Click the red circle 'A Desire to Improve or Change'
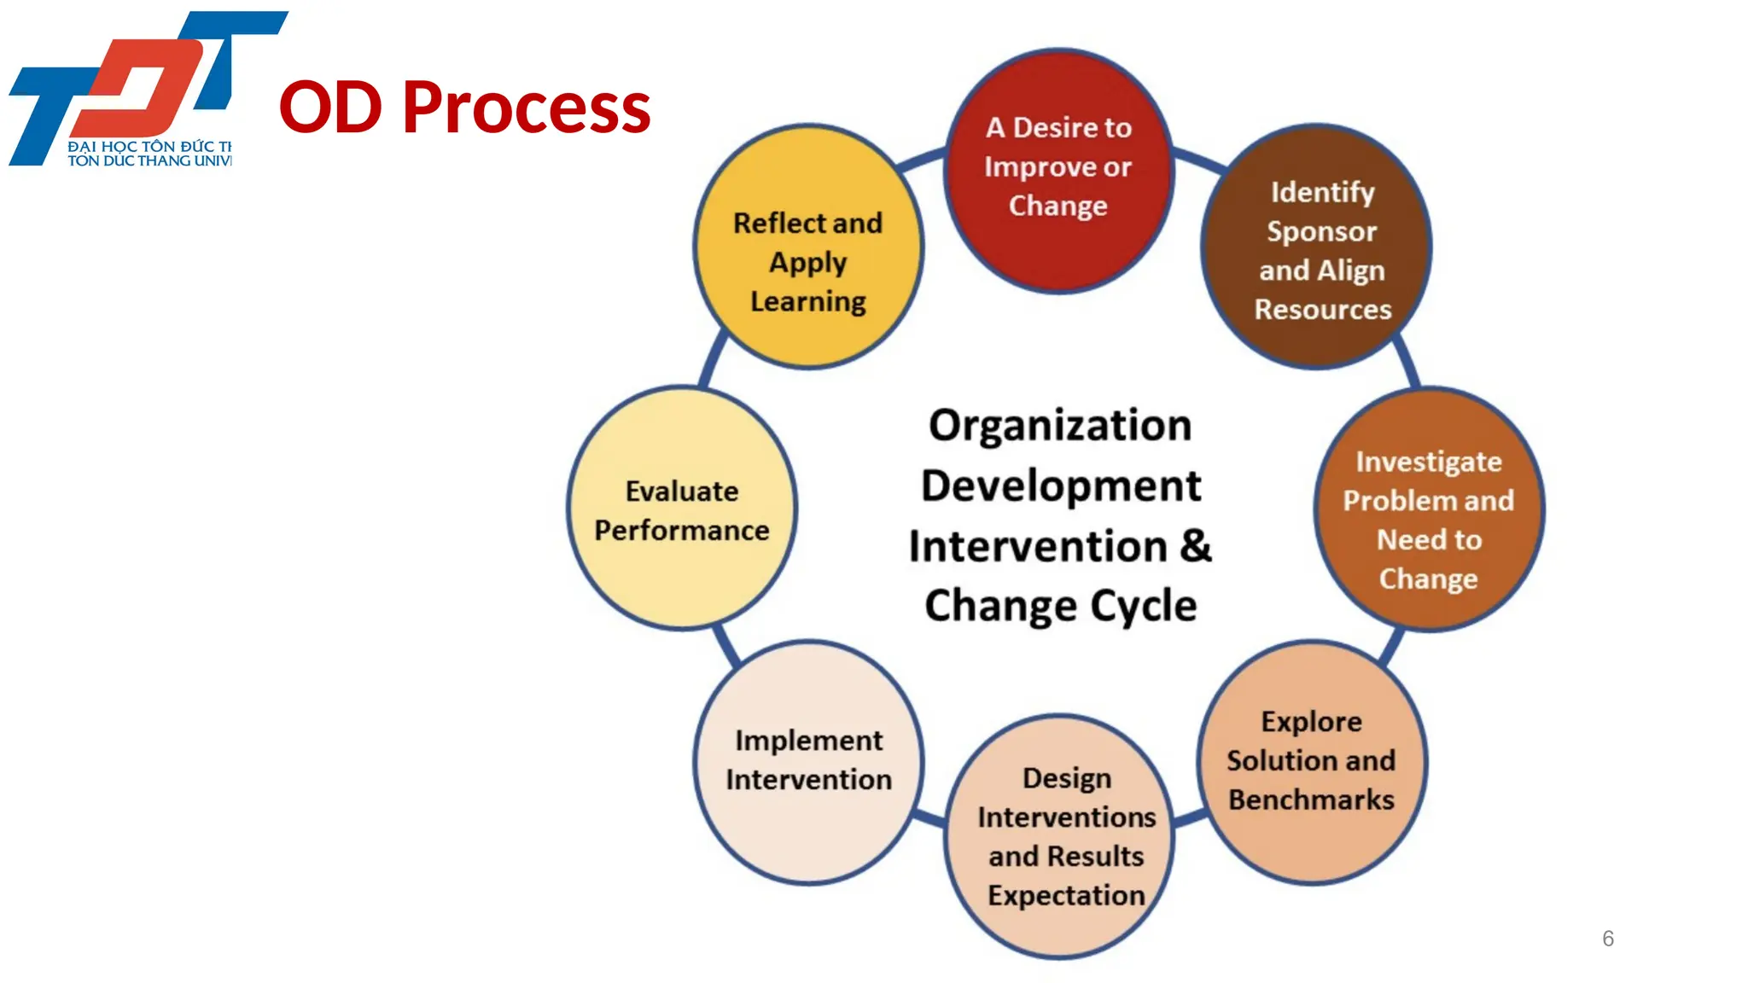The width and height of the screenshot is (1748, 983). [x=1058, y=171]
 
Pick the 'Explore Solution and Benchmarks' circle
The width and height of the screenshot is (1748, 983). [x=1312, y=762]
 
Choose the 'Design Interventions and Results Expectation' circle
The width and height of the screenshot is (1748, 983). [x=1059, y=836]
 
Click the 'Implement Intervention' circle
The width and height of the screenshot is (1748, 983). [x=808, y=761]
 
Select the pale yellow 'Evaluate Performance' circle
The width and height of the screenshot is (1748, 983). [x=682, y=509]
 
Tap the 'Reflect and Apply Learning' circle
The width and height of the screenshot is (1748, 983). [x=808, y=247]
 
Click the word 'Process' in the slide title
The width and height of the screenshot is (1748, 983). [x=526, y=108]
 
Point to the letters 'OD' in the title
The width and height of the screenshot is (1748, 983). [x=330, y=108]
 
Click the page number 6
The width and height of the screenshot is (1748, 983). [x=1608, y=939]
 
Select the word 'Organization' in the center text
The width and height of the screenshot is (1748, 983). [x=1060, y=425]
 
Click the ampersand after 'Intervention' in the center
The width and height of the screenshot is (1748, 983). [x=1196, y=545]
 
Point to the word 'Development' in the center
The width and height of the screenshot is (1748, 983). [x=1061, y=486]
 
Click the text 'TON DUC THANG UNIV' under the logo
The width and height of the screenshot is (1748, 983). [x=149, y=161]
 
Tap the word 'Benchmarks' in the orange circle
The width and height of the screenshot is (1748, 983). [x=1311, y=800]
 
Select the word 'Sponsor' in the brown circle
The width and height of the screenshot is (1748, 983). [x=1321, y=231]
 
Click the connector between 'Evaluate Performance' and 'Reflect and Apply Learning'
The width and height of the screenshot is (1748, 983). [x=714, y=358]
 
